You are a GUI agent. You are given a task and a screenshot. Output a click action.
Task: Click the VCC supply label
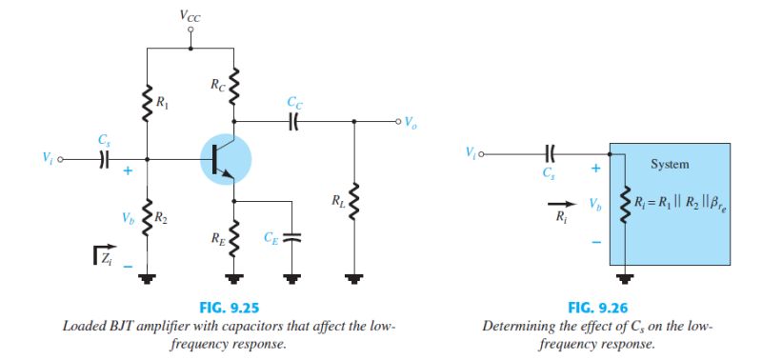tap(190, 16)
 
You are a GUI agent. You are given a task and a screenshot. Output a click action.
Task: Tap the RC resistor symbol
tap(234, 89)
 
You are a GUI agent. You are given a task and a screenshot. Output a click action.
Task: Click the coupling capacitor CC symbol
tap(294, 121)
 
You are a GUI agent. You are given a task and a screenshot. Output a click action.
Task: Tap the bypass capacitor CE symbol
tap(292, 237)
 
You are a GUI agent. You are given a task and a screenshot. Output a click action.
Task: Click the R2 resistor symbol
tap(148, 215)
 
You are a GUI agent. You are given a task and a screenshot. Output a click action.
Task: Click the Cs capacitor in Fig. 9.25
tap(103, 159)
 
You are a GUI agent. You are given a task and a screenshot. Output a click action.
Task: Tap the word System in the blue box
tap(670, 164)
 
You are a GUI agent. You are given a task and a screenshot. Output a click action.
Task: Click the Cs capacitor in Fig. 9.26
tap(549, 151)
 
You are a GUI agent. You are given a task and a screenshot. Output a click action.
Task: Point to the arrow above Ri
tap(563, 204)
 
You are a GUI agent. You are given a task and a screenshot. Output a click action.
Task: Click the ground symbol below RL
tap(355, 278)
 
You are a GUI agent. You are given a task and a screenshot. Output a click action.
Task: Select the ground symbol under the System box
tap(625, 278)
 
